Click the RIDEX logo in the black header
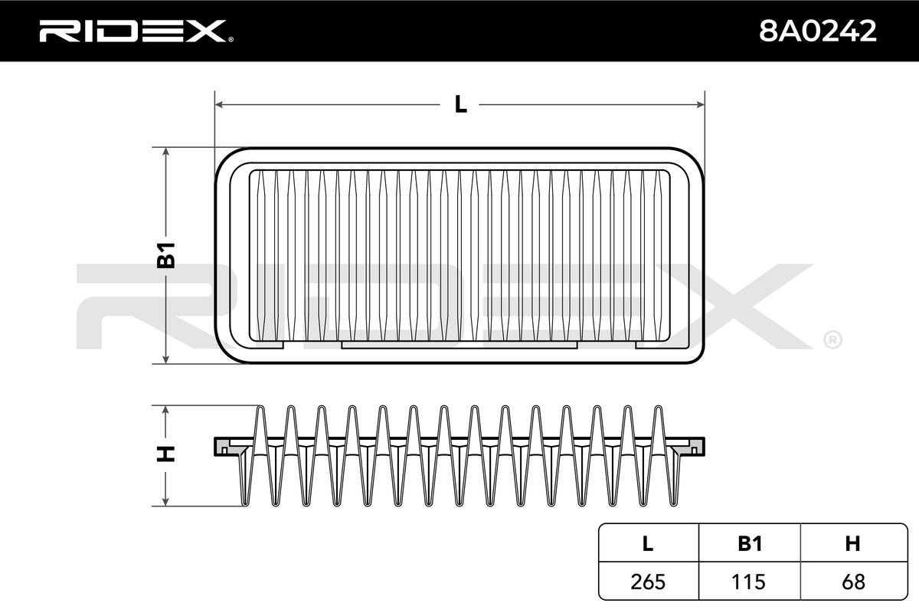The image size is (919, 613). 136,31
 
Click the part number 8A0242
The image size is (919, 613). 818,31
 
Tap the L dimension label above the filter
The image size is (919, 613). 460,104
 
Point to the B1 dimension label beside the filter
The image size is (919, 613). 166,255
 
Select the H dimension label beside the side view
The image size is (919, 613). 166,454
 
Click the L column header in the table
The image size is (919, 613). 648,543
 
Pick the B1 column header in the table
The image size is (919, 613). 750,543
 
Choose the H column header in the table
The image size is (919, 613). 852,543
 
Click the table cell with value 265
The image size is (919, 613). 648,582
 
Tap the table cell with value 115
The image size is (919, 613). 749,582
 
